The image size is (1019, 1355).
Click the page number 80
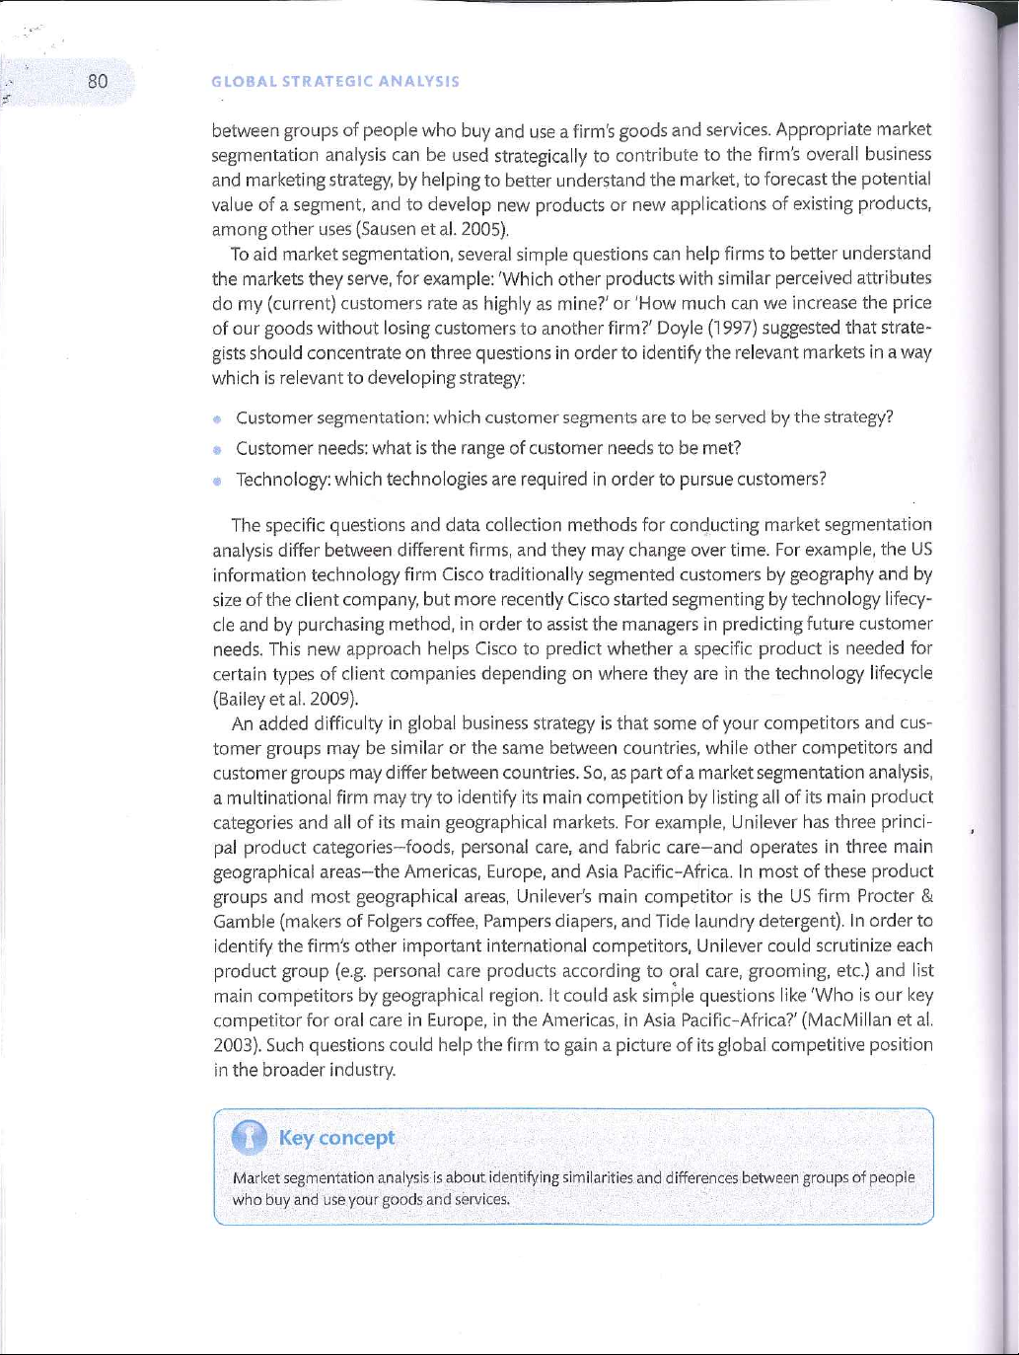[x=97, y=80]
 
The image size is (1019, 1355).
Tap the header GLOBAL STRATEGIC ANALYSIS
[x=335, y=82]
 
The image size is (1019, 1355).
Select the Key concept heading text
[x=336, y=1138]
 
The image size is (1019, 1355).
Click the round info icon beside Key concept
[x=250, y=1138]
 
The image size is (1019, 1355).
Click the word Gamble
[x=245, y=922]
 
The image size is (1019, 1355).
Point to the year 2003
[x=232, y=1045]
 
